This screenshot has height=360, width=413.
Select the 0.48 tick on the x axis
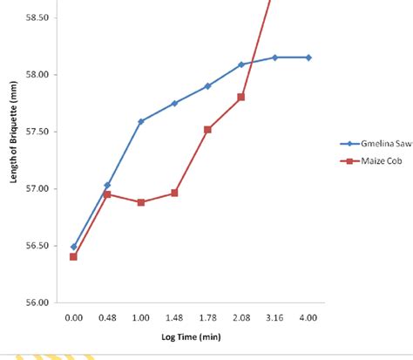tap(107, 319)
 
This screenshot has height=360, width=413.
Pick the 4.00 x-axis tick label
tap(308, 319)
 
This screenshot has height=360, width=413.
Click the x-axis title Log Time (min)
tap(190, 336)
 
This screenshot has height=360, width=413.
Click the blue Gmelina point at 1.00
tap(140, 121)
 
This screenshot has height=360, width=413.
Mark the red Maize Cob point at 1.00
tap(140, 202)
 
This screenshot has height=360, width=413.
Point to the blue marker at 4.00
tap(308, 58)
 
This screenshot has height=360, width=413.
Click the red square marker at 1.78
tap(207, 129)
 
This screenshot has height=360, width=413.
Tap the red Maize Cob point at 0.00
tap(73, 256)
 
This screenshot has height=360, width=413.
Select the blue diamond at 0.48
tap(107, 185)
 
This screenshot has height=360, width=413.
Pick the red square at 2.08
tap(241, 97)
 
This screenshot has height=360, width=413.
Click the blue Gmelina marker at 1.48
tap(174, 103)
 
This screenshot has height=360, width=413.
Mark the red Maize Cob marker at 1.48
tap(174, 193)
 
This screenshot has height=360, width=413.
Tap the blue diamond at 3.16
tap(274, 58)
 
